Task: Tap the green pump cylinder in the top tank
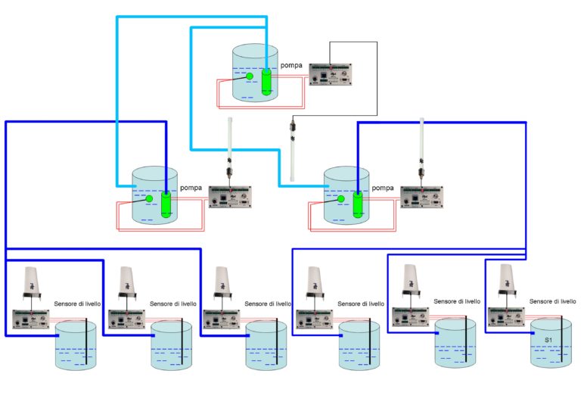(x=266, y=82)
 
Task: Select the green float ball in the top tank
(x=249, y=76)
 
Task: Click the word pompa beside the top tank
(x=292, y=66)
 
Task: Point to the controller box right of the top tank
(x=331, y=74)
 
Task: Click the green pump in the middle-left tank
(x=166, y=204)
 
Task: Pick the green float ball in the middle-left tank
(x=149, y=199)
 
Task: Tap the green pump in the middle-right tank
(x=358, y=204)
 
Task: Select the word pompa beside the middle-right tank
(x=384, y=188)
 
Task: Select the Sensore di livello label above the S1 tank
(x=553, y=301)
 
